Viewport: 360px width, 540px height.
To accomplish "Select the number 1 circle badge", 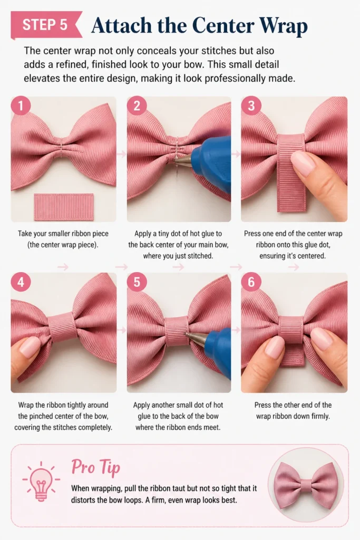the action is (x=21, y=105).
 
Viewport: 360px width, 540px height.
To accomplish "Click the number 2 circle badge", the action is (x=137, y=105).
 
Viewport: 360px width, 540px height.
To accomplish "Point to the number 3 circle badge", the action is (x=251, y=105).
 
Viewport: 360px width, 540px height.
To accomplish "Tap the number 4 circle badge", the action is (x=21, y=282).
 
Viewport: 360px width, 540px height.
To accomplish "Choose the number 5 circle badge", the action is (x=137, y=282).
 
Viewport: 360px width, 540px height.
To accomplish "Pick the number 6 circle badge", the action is (x=251, y=282).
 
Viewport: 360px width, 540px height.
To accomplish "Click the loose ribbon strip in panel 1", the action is (x=64, y=207).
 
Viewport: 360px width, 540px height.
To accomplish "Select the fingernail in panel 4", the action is (x=30, y=346).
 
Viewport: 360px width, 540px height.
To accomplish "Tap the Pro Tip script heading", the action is (x=96, y=468).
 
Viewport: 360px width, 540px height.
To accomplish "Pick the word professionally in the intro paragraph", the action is (x=236, y=79).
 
